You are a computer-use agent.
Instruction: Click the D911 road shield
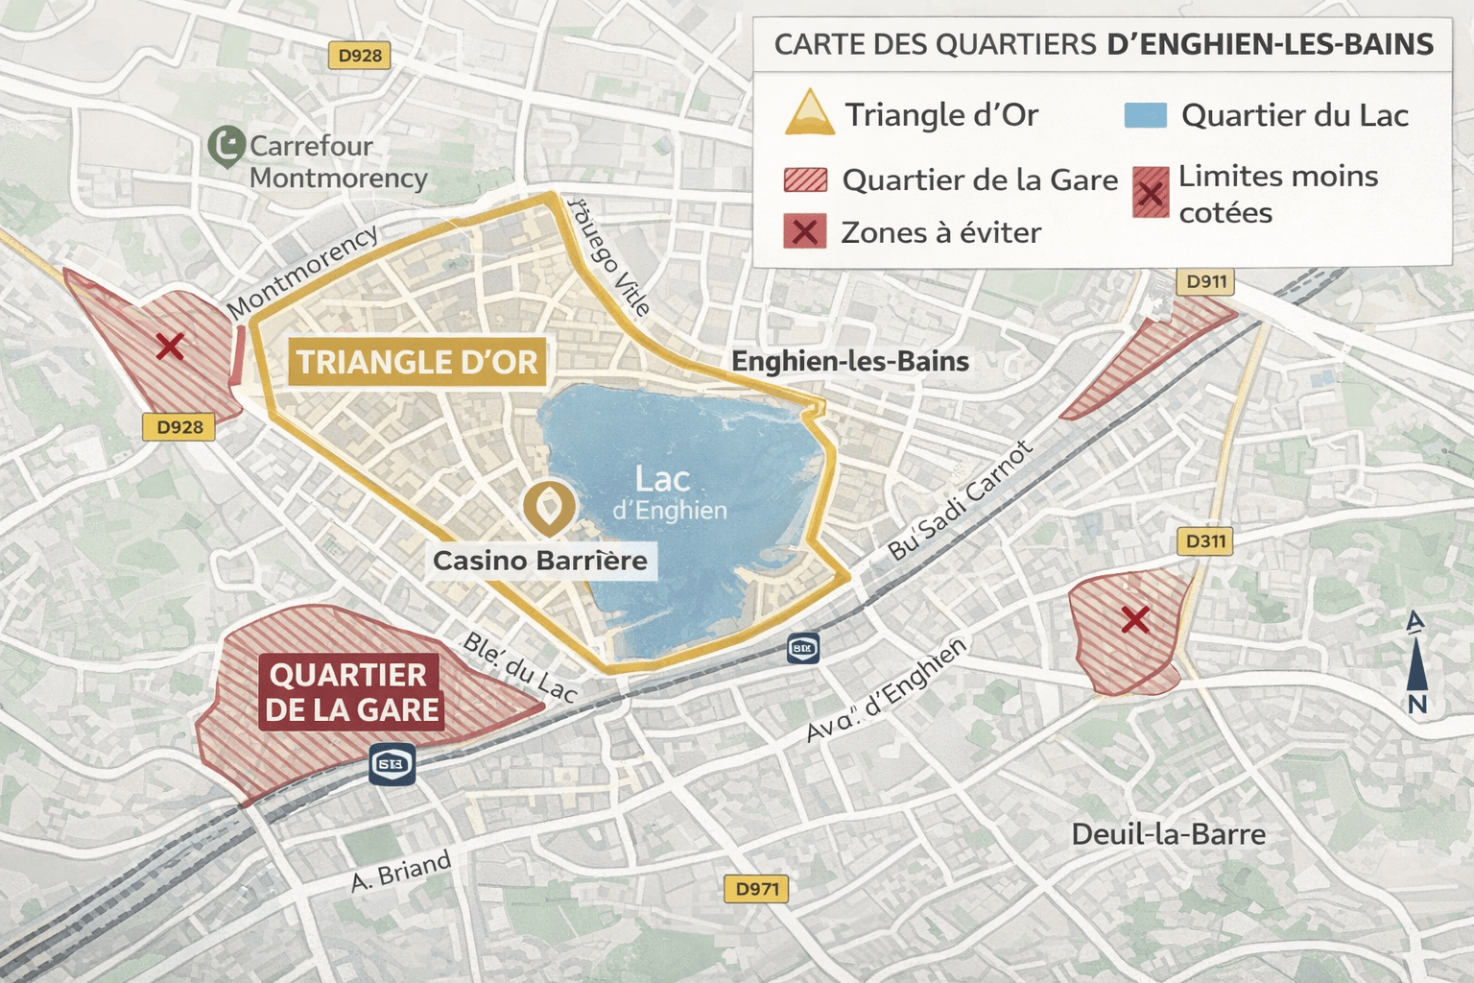tap(1205, 282)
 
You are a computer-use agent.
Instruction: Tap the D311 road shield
tap(1205, 541)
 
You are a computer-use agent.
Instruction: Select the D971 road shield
tap(756, 889)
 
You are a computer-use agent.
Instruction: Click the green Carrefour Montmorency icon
tap(226, 146)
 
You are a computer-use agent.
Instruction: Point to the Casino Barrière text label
tap(540, 561)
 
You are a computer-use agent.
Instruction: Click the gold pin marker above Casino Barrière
tap(548, 507)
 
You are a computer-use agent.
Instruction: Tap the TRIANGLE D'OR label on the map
tap(416, 362)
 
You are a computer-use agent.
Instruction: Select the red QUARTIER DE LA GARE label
tap(351, 693)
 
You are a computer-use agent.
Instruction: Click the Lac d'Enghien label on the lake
tap(668, 492)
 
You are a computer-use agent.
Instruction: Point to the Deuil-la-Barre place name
tap(1168, 834)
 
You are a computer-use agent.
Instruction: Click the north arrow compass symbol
tap(1416, 662)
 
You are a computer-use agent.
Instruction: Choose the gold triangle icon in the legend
tap(809, 113)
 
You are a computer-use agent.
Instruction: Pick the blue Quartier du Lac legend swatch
tap(1145, 115)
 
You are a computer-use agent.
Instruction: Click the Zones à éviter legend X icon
tap(804, 232)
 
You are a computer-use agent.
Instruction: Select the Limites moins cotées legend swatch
tap(1150, 193)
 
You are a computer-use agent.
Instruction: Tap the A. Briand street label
tap(401, 872)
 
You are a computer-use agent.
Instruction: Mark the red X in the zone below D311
tap(1135, 620)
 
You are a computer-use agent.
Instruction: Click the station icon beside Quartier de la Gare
tap(392, 764)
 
